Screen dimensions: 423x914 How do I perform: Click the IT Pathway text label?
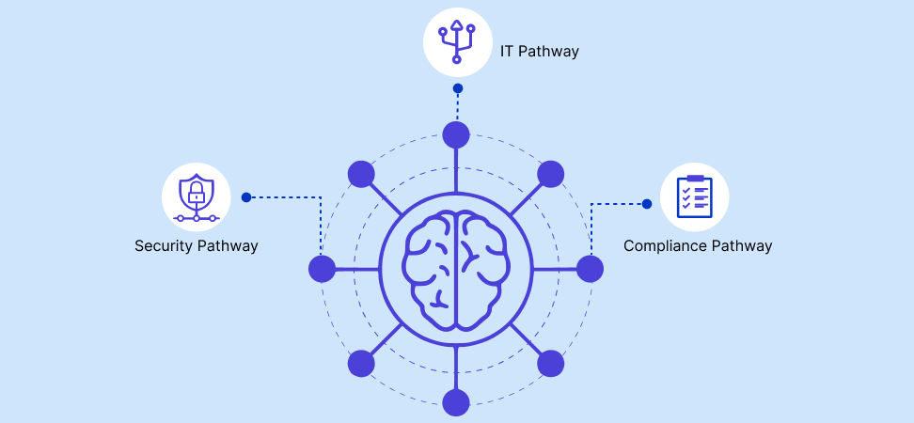point(539,51)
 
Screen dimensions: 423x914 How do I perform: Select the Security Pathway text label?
point(196,246)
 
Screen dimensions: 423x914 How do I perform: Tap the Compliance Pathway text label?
point(698,246)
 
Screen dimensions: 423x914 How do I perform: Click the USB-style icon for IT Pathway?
point(457,41)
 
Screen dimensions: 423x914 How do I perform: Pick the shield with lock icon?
point(196,196)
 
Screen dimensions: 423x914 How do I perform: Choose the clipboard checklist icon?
point(694,196)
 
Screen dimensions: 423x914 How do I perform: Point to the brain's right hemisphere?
point(481,269)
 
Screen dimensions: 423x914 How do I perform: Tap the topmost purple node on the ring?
point(456,134)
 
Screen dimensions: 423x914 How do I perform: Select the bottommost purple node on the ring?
point(456,402)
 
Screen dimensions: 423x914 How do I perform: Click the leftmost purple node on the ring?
point(322,269)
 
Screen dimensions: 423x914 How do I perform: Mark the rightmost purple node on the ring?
point(590,269)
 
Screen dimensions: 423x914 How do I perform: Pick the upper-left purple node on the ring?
point(361,174)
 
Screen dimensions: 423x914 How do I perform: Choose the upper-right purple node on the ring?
point(550,174)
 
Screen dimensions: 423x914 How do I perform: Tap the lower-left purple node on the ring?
point(361,364)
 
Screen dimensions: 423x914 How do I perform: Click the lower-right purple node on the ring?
point(550,364)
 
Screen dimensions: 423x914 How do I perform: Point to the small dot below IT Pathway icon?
point(457,88)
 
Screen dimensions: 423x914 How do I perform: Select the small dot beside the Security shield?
point(246,197)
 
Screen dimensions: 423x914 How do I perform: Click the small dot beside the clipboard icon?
point(647,203)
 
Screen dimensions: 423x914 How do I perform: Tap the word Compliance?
point(664,246)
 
